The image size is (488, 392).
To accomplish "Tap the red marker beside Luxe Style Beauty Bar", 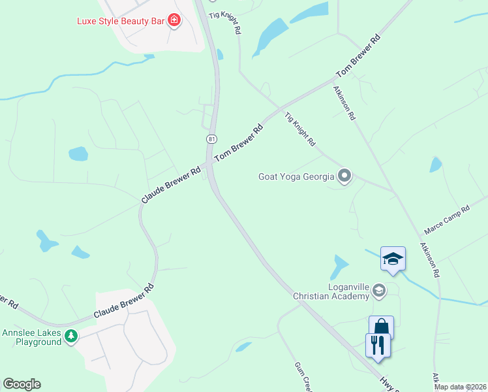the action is pyautogui.click(x=174, y=21).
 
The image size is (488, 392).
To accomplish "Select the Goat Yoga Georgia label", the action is pyautogui.click(x=296, y=176).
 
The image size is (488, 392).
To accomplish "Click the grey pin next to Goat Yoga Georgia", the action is pyautogui.click(x=344, y=176).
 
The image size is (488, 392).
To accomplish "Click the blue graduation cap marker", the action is pyautogui.click(x=393, y=258).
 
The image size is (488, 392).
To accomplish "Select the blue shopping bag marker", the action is pyautogui.click(x=381, y=327).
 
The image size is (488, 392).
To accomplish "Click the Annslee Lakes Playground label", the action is pyautogui.click(x=31, y=337).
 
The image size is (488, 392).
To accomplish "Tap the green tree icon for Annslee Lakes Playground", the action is pyautogui.click(x=71, y=337).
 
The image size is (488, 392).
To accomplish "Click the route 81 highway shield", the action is pyautogui.click(x=211, y=139).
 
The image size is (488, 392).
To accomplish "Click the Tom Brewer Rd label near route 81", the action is pyautogui.click(x=239, y=142).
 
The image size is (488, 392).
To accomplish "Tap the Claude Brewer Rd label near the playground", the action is pyautogui.click(x=123, y=301).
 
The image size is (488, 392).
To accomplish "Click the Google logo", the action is pyautogui.click(x=22, y=384).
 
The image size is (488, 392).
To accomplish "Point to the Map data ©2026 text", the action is pyautogui.click(x=460, y=387).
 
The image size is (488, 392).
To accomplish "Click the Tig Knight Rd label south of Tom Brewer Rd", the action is pyautogui.click(x=300, y=129).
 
